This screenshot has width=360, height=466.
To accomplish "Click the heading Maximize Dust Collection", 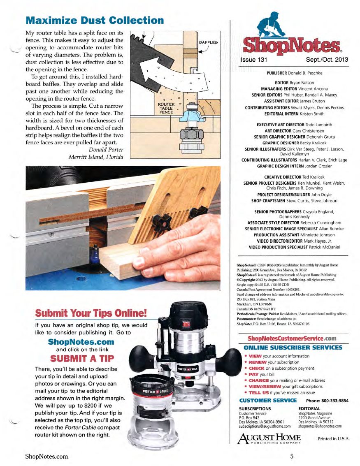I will tap(95, 20).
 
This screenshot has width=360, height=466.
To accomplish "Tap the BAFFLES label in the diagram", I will tap(209, 42).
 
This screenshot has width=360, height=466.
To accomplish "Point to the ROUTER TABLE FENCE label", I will tap(166, 108).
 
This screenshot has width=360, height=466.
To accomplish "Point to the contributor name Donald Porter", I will tap(106, 149).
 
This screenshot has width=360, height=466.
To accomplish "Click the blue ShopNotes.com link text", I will tap(81, 342).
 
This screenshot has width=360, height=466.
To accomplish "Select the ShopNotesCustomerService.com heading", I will tap(292, 338).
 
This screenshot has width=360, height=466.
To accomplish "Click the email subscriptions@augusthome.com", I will tap(265, 426).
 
